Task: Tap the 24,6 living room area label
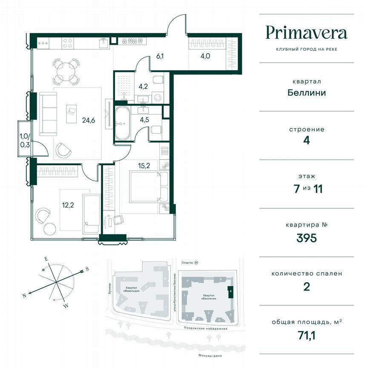coord(88,120)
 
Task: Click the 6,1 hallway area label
coord(160,55)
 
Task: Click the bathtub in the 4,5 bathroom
coord(122,124)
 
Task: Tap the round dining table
coord(65,71)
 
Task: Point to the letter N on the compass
coord(25,295)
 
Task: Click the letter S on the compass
coord(87,269)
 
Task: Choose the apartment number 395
coord(306,238)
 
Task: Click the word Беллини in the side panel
coord(306,92)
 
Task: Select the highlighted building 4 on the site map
coord(230,292)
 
